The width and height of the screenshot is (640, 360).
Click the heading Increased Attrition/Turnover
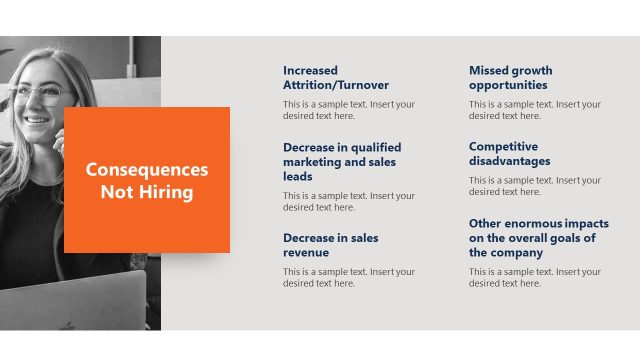(336, 78)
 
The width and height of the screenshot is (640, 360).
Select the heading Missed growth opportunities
(510, 78)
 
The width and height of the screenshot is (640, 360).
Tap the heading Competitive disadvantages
(509, 154)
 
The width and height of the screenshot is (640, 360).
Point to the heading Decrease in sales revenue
(331, 245)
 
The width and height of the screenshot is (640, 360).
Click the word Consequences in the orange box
(147, 170)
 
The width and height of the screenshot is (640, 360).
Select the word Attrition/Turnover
(336, 85)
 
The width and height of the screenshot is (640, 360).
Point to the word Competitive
(503, 146)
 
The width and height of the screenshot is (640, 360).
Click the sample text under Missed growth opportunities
(535, 110)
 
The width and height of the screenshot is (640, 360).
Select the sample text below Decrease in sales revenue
(348, 277)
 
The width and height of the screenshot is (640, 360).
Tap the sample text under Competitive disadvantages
(535, 186)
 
